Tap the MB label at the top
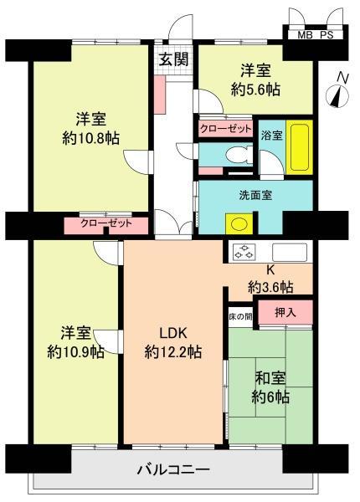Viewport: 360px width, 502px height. pyautogui.click(x=306, y=35)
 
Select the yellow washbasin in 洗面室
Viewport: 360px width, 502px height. pyautogui.click(x=239, y=224)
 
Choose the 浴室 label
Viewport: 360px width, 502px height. pyautogui.click(x=270, y=135)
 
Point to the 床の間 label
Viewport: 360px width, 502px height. pyautogui.click(x=239, y=317)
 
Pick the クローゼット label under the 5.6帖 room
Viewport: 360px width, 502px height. pyautogui.click(x=224, y=130)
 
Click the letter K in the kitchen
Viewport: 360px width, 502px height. pyautogui.click(x=270, y=270)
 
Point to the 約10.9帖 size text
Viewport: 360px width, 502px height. pyautogui.click(x=75, y=351)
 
